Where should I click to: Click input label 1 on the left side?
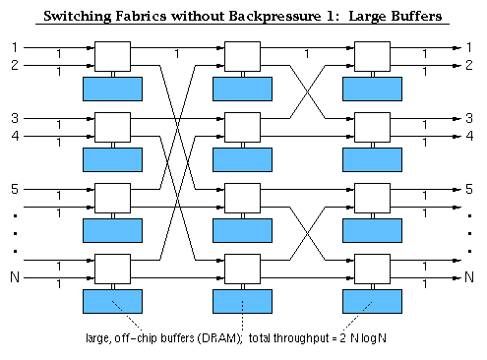[14, 46]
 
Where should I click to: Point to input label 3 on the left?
[14, 117]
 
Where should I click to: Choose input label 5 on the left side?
[14, 188]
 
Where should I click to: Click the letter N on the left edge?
[14, 277]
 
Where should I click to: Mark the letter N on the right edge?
[470, 277]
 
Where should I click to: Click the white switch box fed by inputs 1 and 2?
[112, 56]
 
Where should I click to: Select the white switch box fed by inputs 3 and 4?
[112, 127]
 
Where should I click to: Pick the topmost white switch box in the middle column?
[242, 56]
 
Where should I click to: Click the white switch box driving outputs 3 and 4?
[372, 127]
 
